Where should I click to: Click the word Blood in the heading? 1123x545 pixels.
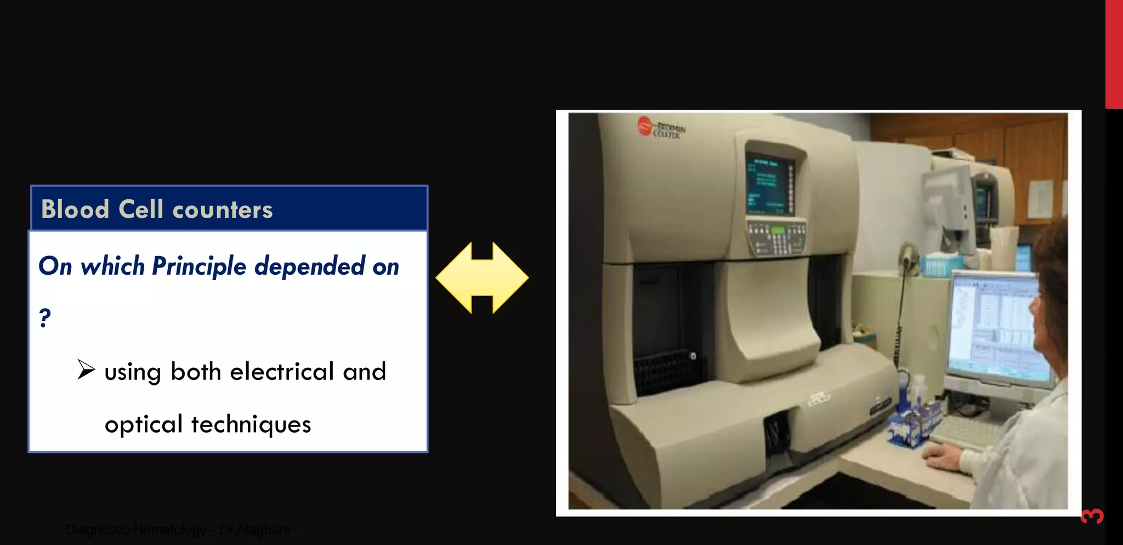click(75, 209)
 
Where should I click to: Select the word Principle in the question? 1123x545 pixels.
click(199, 266)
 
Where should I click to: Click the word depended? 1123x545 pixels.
click(310, 266)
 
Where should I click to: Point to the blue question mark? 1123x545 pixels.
click(45, 317)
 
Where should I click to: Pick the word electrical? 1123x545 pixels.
click(282, 372)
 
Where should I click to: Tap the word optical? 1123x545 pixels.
click(144, 424)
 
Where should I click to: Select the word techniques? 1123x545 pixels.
click(251, 424)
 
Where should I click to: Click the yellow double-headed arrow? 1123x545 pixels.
click(482, 277)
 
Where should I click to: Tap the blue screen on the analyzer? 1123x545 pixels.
click(769, 183)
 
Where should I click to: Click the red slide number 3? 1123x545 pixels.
click(1092, 516)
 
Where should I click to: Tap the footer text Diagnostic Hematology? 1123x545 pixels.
click(136, 530)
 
